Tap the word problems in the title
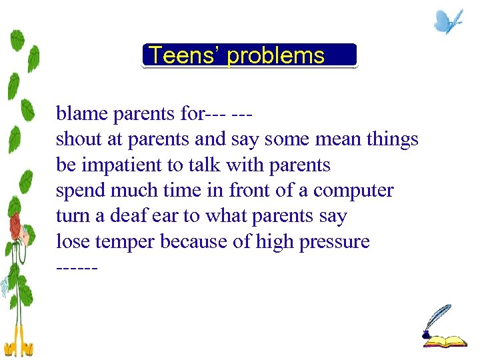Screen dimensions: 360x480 pos(275,56)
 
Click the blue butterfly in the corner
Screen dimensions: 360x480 pos(448,21)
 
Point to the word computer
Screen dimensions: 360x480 pos(353,191)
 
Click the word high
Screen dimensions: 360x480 pos(275,242)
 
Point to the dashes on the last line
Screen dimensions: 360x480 pos(77,268)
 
